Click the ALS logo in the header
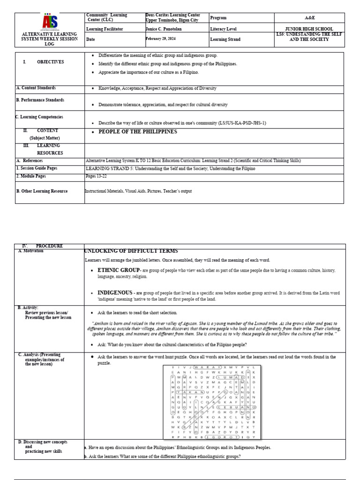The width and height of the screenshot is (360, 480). (50, 22)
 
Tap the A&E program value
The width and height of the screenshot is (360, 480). (309, 18)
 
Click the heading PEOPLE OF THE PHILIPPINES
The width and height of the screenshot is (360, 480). (138, 132)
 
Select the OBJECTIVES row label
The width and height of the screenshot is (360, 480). (50, 62)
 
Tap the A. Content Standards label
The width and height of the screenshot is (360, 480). (36, 88)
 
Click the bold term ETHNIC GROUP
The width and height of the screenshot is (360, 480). (118, 270)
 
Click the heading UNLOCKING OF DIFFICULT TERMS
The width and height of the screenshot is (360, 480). (128, 251)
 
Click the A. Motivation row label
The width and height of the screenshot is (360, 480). (30, 251)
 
